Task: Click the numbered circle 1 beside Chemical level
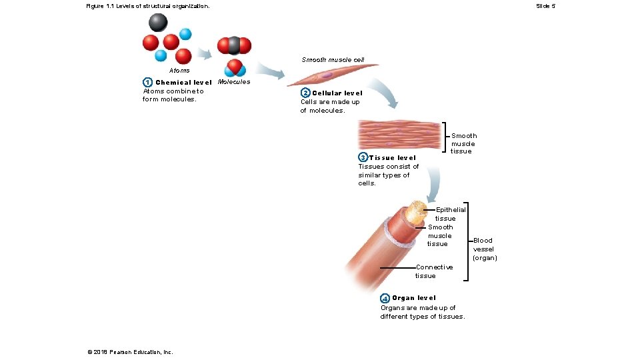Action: [147, 83]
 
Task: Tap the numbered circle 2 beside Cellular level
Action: [305, 93]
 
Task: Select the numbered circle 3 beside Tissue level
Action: [363, 158]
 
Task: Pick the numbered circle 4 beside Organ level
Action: [385, 298]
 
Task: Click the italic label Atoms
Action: [179, 70]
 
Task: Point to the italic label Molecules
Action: [234, 82]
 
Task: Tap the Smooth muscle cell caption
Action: [333, 60]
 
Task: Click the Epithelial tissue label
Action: [450, 214]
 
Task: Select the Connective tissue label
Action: [433, 271]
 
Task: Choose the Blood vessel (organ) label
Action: [485, 249]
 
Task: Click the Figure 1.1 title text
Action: [147, 6]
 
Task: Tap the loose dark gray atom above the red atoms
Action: [158, 23]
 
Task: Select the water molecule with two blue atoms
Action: [234, 68]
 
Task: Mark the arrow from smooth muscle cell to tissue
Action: [386, 92]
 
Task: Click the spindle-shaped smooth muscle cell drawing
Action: [331, 75]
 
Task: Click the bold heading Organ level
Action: [414, 298]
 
